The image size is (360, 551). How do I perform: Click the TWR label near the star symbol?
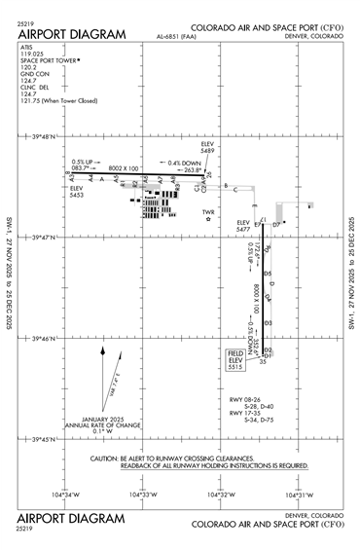[207, 212]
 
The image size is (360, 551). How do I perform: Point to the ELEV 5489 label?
[207, 148]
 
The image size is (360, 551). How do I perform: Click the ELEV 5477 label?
[243, 227]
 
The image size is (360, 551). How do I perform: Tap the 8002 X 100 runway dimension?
[125, 168]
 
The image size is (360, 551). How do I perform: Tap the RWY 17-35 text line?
[244, 413]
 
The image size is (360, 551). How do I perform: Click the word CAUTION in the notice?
[106, 458]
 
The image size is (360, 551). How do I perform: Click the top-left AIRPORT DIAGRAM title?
[71, 34]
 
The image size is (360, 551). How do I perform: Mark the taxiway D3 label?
[268, 321]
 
